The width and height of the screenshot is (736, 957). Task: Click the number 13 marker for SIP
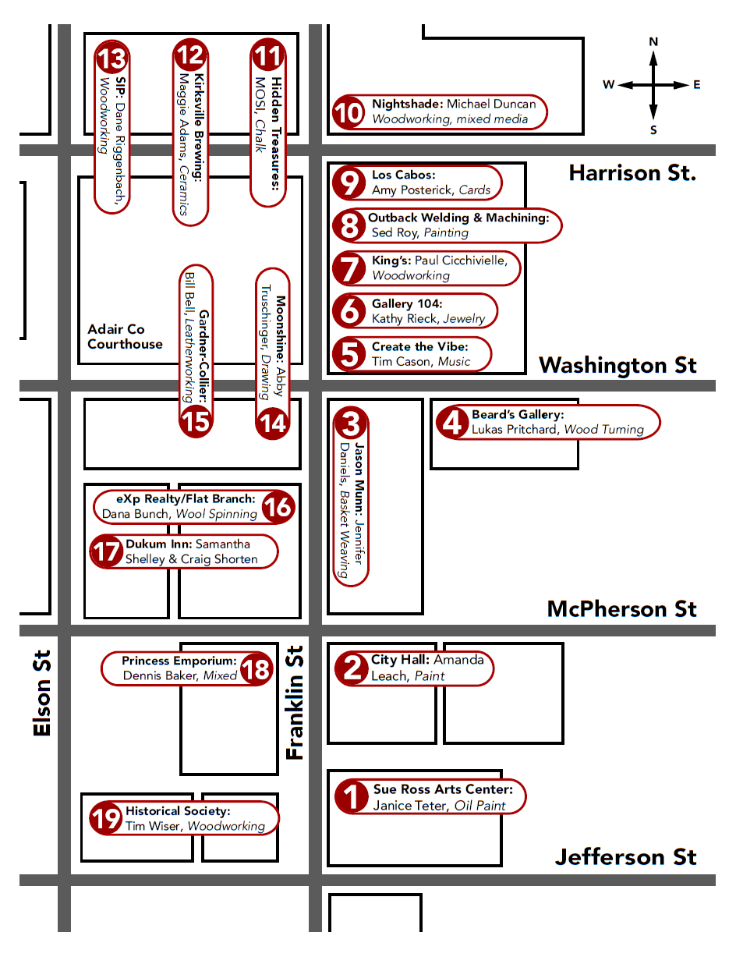(x=111, y=57)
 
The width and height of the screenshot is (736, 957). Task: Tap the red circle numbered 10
(x=349, y=112)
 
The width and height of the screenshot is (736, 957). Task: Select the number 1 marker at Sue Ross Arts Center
(x=352, y=796)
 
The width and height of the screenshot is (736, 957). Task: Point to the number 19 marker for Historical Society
(x=106, y=818)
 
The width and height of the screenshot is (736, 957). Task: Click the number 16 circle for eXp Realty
(x=278, y=506)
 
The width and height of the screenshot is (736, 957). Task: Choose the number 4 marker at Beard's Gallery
(x=452, y=422)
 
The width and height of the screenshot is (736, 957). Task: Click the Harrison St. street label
(x=632, y=173)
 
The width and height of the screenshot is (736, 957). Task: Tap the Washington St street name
(x=617, y=366)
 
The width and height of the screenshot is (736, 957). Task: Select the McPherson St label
(x=621, y=609)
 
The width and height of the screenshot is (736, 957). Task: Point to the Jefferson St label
(x=625, y=857)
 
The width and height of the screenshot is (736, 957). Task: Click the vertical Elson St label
(x=42, y=693)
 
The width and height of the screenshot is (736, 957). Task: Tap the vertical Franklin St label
(x=295, y=703)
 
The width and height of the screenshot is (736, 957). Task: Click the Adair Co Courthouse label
(x=125, y=336)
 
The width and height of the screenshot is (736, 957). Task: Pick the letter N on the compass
(x=653, y=42)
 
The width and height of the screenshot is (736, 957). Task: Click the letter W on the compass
(x=608, y=84)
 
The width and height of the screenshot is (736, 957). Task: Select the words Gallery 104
(x=407, y=303)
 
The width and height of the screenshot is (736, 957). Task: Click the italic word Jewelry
(x=464, y=318)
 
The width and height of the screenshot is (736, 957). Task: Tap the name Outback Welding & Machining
(x=458, y=218)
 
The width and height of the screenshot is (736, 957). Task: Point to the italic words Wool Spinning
(x=216, y=514)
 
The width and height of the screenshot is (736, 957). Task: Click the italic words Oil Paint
(x=479, y=806)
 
